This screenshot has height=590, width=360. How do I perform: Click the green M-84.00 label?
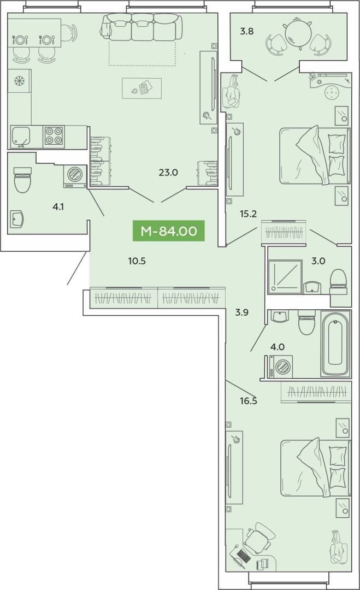(168, 231)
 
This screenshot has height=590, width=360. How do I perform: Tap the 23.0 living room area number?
(168, 173)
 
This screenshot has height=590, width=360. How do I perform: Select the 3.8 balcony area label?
(247, 31)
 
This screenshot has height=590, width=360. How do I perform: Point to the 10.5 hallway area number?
(137, 261)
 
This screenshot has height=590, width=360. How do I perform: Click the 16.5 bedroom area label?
(249, 401)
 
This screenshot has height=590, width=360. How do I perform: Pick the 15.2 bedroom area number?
(248, 214)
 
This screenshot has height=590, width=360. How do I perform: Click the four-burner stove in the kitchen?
(54, 136)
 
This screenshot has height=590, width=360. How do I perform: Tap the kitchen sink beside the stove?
(21, 136)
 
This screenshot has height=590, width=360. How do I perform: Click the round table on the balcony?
(298, 33)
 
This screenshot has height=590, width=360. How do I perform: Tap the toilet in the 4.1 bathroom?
(22, 180)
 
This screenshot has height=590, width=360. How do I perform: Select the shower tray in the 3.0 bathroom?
(285, 276)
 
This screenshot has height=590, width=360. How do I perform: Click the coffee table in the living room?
(142, 88)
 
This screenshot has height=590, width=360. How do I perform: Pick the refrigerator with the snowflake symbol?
(19, 80)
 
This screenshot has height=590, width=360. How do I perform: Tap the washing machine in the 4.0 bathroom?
(281, 367)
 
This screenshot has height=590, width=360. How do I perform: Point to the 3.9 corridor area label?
(242, 312)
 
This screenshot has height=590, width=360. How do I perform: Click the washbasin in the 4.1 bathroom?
(17, 219)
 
